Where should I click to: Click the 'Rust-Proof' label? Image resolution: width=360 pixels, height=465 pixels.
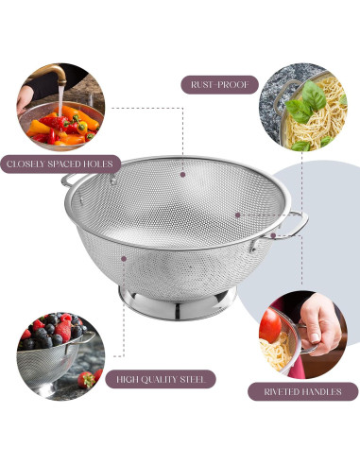[218, 84]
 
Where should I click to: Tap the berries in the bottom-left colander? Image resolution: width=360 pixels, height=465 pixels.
[52, 332]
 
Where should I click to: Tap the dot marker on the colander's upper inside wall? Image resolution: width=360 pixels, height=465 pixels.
[180, 174]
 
